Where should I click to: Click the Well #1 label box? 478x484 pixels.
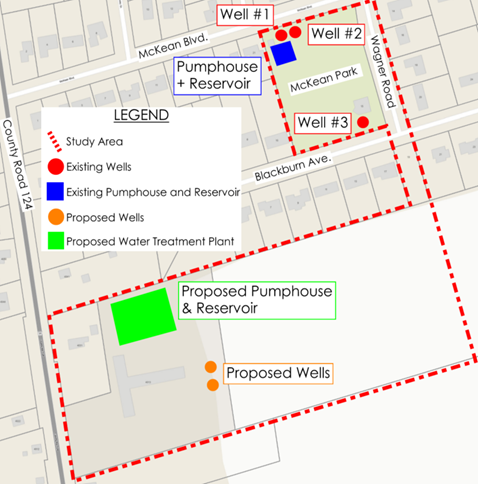[249, 15]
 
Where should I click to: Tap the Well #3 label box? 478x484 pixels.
[323, 123]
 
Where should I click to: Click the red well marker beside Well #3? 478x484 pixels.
[363, 122]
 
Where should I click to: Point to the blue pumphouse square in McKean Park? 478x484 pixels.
[283, 53]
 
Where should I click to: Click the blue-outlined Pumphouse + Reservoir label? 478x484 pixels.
[218, 77]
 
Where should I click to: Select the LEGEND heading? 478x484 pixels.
[141, 115]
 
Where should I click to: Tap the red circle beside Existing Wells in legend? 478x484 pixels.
[55, 166]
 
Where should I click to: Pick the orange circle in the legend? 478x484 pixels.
[55, 216]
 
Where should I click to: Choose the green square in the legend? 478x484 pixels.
[55, 241]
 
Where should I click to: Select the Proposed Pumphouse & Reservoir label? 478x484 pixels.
[257, 300]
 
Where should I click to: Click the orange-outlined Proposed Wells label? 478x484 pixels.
[277, 374]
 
